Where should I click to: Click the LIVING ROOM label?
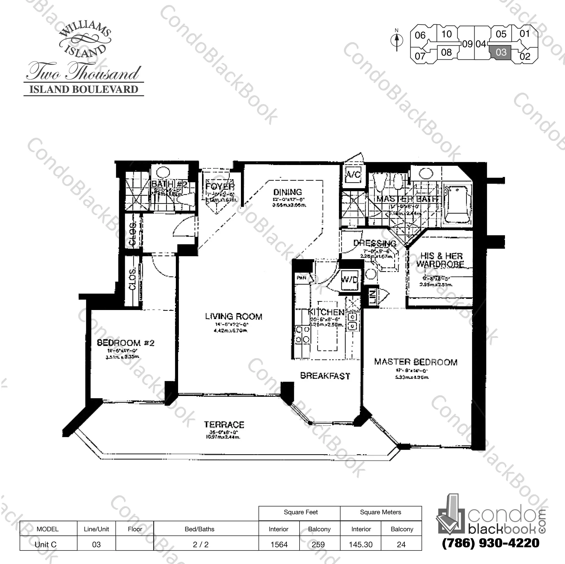pos(233,316)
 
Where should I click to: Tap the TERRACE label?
pos(224,425)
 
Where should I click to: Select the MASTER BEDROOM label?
pos(416,362)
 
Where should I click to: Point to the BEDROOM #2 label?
pos(125,342)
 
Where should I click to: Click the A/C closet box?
pos(353,175)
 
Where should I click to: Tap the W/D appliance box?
pos(349,280)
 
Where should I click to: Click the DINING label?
pos(287,192)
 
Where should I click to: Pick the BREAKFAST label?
pos(325,376)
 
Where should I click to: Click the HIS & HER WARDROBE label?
pos(441,260)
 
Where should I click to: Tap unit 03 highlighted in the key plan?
pos(501,52)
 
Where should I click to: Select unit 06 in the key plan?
pos(420,35)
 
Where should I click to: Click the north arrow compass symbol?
pos(397,40)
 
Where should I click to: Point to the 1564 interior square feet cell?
pos(279,544)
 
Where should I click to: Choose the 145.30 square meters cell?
pos(361,544)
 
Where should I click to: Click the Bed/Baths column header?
pos(200,529)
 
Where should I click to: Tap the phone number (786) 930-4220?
pos(490,543)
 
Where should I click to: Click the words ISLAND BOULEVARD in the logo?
pos(84,90)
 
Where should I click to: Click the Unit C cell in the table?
pos(46,544)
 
